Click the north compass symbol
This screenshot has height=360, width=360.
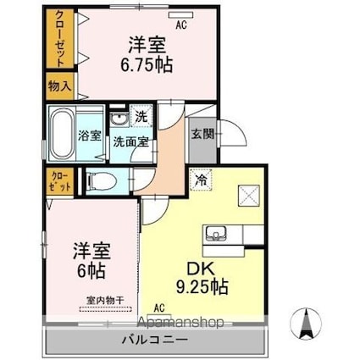point(306,324)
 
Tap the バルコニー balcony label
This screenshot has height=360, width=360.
point(155,340)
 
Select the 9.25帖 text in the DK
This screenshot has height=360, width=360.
point(202,287)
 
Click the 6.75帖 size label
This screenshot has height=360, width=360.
point(147,65)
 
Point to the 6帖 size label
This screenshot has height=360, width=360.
point(91,271)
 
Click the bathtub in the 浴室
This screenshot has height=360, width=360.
point(62,134)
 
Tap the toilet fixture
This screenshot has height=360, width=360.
point(102,181)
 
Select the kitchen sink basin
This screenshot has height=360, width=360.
point(216,233)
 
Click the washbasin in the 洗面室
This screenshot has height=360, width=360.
point(119,119)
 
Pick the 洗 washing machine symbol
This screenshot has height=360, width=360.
point(141,117)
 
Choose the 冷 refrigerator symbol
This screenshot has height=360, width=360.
point(201,180)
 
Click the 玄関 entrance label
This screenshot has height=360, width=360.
point(202,135)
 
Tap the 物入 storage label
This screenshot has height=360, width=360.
point(59,86)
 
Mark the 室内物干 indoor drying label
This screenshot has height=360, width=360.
point(105,301)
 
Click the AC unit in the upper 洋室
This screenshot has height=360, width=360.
point(181,15)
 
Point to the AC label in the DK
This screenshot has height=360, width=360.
point(159,308)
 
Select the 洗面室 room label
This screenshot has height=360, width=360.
point(131,142)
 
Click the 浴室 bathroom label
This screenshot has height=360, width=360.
point(90,136)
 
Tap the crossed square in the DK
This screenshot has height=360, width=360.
point(249,196)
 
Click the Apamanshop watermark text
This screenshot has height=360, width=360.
point(181,322)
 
